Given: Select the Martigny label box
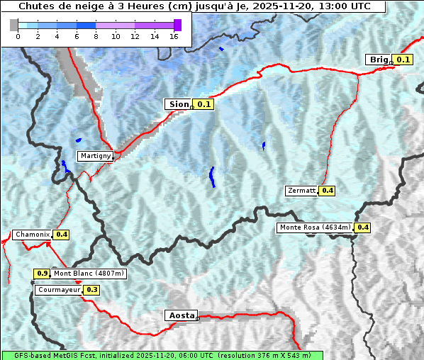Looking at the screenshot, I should pos(95,156).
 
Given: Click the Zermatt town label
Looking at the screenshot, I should pos(301,191).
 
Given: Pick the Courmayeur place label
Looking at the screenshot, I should pos(59,290).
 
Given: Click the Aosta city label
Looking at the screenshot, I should pos(181,315).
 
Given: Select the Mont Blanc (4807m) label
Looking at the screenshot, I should pos(89,274).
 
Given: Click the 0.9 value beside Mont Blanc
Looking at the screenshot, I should pos(43,274).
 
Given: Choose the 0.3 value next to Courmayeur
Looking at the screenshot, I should pos(92,290).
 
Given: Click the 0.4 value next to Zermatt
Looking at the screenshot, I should pos(328,191).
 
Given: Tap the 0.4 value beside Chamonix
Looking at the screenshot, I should pos(62,235).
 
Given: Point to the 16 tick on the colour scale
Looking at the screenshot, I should pos(174,37).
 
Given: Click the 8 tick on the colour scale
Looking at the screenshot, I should pos(96,37).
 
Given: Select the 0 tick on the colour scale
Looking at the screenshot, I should pos(18,37).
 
